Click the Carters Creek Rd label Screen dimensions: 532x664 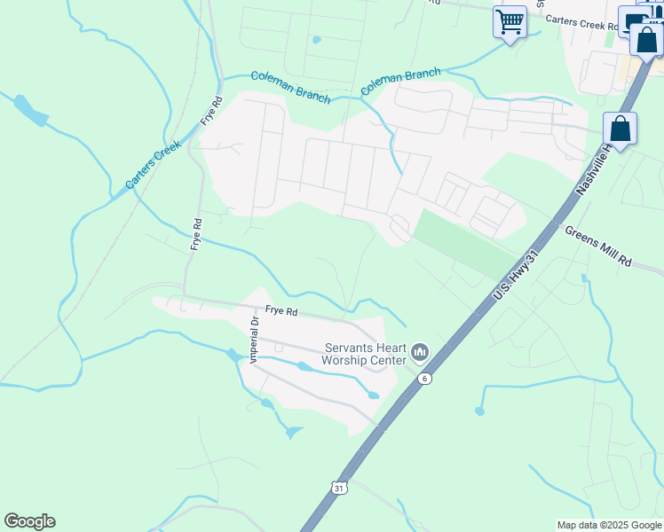581,23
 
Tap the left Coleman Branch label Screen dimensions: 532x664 290,86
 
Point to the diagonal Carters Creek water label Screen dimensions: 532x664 153,164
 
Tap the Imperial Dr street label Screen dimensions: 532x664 254,340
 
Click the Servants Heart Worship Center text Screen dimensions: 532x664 364,354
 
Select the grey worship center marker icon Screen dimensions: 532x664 421,353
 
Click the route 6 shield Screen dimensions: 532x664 425,379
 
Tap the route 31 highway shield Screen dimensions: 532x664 338,488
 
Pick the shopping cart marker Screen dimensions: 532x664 510,21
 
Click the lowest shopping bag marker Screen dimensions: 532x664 620,129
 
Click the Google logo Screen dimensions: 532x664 29,521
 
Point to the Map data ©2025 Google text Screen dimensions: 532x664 608,525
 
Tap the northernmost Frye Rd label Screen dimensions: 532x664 209,110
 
